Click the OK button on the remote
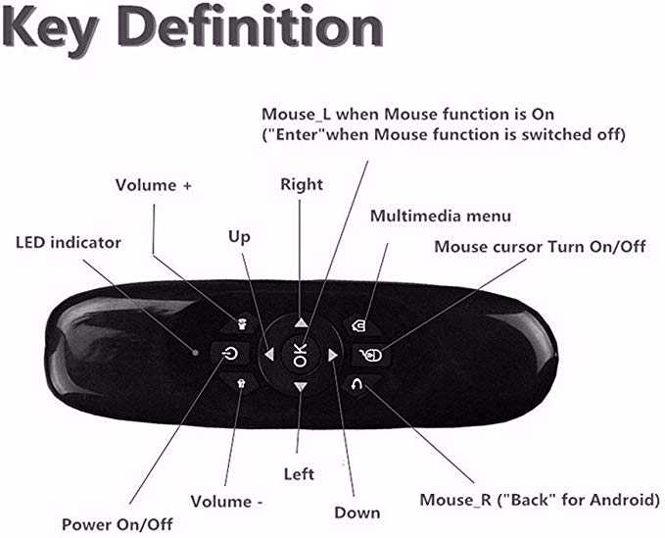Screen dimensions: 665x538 point(300,355)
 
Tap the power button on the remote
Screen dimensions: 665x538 point(229,353)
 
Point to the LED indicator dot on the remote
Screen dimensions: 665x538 point(196,352)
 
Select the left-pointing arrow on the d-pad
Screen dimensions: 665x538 point(269,355)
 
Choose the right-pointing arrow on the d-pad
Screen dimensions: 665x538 point(333,355)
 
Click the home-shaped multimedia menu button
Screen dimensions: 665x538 point(359,325)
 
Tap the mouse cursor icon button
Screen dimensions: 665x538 point(371,355)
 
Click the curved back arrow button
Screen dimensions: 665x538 point(358,384)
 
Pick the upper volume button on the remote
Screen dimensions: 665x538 point(241,325)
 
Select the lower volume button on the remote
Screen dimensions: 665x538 point(241,383)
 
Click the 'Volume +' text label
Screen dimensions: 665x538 point(154,185)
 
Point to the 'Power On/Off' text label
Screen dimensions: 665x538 point(118,524)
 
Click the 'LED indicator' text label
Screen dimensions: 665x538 point(69,243)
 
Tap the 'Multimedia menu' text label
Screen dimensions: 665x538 point(441,216)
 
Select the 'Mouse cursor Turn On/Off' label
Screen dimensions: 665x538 point(540,247)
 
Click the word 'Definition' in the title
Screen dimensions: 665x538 point(251,26)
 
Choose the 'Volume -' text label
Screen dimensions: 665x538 point(227,502)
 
